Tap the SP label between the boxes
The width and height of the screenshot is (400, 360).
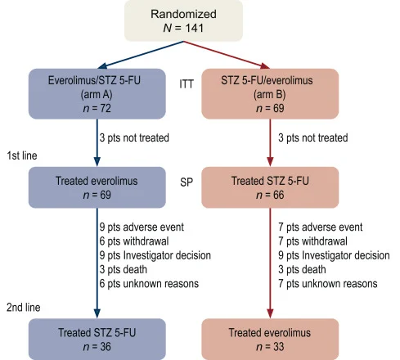(x=187, y=179)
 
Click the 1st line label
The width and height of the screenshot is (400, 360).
(x=22, y=155)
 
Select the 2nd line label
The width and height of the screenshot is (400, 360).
(x=23, y=307)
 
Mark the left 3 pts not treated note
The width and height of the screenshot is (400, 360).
(x=133, y=138)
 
